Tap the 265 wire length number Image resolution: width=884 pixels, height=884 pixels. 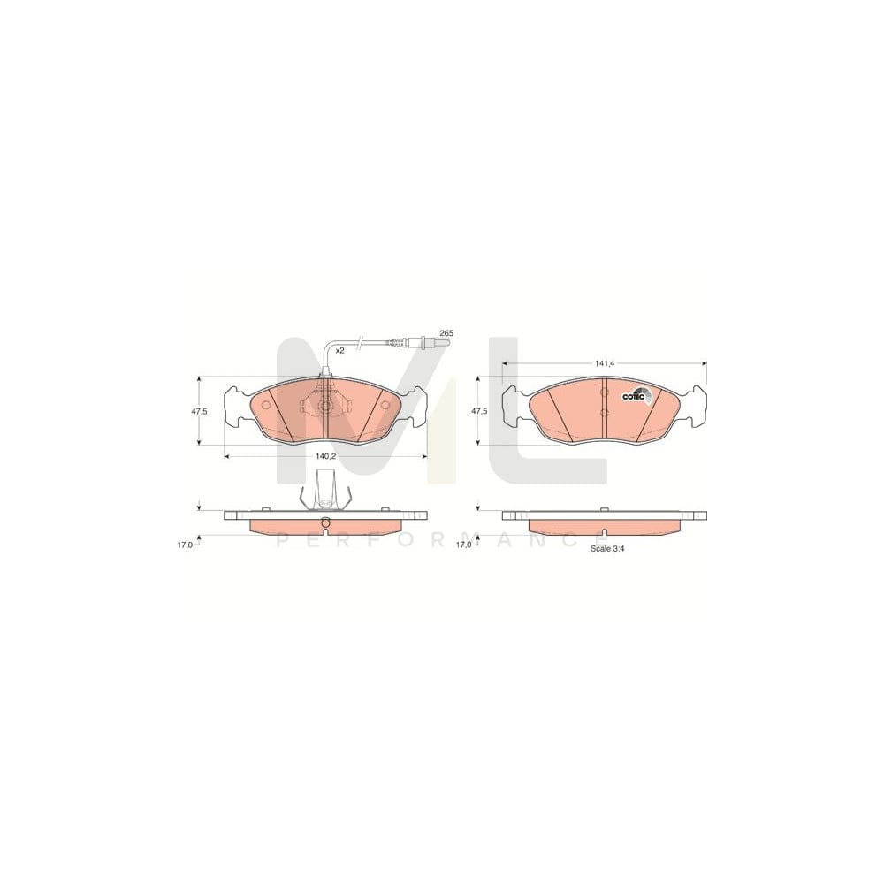446,332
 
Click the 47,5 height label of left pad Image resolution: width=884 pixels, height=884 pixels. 199,411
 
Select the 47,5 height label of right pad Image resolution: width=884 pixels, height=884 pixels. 478,411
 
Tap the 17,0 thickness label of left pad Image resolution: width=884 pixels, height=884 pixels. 184,545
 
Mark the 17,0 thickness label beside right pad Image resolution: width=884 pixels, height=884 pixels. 463,545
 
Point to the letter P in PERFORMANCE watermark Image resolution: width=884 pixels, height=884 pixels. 283,538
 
